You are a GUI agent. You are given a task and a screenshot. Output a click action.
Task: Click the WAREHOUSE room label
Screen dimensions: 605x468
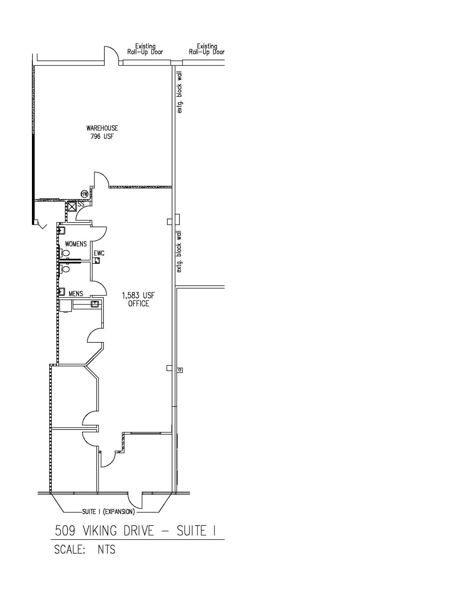[102, 128]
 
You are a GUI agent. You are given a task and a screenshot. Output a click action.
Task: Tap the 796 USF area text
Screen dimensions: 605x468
[102, 136]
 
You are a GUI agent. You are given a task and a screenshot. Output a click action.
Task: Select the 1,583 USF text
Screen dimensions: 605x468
[138, 295]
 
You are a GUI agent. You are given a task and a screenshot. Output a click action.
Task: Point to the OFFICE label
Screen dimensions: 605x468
[138, 304]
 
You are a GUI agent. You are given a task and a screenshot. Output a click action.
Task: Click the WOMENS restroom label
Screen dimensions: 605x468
[76, 244]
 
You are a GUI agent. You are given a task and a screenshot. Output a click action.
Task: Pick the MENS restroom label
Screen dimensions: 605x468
[76, 294]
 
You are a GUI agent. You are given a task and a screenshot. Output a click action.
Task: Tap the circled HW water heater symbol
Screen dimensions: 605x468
[85, 194]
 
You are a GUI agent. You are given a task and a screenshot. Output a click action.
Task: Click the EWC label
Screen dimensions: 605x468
[99, 253]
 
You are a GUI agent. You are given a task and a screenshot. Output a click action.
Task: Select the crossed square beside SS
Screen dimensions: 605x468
[72, 206]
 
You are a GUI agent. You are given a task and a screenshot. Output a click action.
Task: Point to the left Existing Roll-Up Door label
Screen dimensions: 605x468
[145, 49]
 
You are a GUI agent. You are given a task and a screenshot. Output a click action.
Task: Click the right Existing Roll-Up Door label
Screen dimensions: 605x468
[207, 49]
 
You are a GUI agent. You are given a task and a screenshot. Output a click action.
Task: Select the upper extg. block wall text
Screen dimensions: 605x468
[179, 92]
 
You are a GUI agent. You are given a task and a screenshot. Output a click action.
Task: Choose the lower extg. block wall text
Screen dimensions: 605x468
[179, 252]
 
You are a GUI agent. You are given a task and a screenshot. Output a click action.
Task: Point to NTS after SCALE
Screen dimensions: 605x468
[106, 550]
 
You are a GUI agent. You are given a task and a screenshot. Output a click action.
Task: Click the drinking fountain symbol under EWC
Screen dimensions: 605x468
[97, 261]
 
